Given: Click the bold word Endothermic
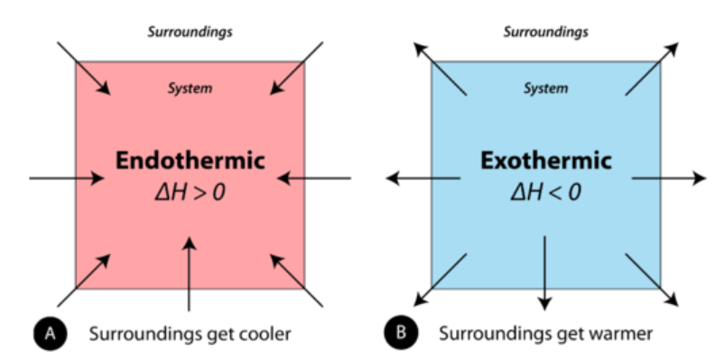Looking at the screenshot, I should click(190, 162).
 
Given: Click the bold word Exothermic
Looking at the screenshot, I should click(546, 162).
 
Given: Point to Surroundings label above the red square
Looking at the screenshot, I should click(190, 32).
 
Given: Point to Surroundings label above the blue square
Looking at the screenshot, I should click(546, 32).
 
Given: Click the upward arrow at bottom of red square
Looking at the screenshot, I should click(189, 271).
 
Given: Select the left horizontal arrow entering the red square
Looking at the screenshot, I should click(67, 178).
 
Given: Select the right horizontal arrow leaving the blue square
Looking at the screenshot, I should click(668, 179).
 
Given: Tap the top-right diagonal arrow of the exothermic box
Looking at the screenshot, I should click(654, 68).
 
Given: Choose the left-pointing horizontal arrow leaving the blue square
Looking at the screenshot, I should click(424, 179).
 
